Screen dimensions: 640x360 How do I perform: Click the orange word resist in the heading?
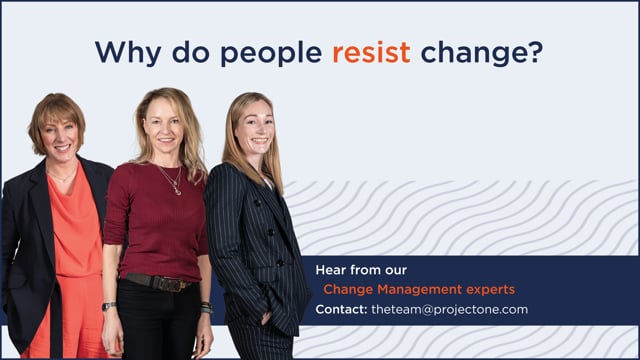(371, 52)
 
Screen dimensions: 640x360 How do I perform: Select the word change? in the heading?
(482, 53)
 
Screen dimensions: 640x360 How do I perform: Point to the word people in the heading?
(271, 53)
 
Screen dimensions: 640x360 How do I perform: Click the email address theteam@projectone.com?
(449, 309)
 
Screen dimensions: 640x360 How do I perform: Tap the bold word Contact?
(341, 309)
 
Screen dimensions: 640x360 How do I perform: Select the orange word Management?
(420, 289)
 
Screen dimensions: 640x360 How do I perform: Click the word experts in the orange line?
(491, 290)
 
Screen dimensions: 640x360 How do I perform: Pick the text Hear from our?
(361, 270)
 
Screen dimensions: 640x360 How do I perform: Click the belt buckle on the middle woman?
(172, 284)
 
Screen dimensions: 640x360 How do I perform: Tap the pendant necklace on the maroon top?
(177, 191)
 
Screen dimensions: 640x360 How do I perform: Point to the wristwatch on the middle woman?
(109, 306)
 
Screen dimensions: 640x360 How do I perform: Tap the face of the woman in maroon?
(164, 125)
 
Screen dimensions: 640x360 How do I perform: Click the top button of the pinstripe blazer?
(258, 202)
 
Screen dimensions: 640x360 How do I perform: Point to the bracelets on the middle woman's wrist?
(207, 307)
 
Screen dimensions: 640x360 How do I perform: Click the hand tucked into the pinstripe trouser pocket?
(266, 318)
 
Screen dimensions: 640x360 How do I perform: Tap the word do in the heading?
(191, 52)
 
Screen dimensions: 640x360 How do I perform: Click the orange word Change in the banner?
(348, 290)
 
